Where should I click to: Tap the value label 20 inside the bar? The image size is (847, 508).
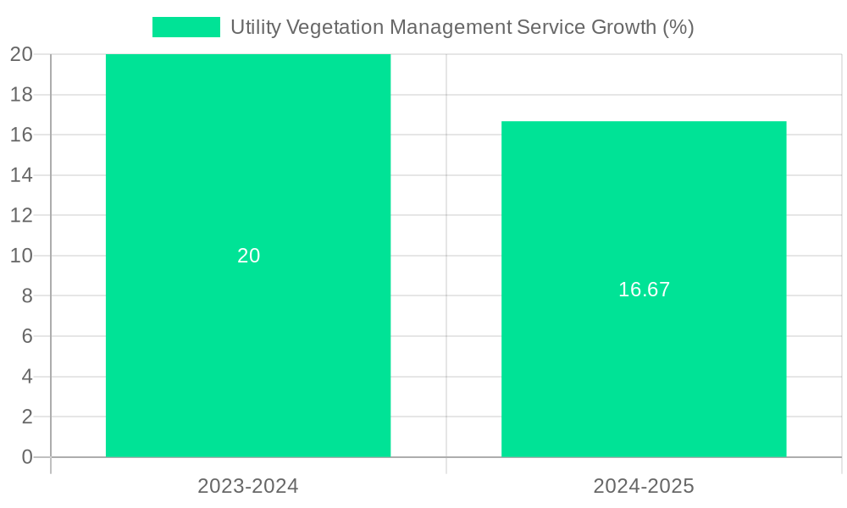click(x=248, y=256)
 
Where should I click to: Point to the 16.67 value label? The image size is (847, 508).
click(x=644, y=290)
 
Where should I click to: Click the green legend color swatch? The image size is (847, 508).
click(x=185, y=27)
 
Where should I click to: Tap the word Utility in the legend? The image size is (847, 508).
click(x=256, y=27)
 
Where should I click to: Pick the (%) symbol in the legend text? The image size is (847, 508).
click(x=678, y=27)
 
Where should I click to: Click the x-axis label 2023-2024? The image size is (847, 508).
click(x=248, y=486)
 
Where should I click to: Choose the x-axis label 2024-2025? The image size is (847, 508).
click(x=644, y=486)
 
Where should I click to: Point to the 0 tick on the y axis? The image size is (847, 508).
click(x=27, y=457)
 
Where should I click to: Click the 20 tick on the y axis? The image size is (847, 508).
click(x=21, y=54)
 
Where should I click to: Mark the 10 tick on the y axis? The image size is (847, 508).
click(x=21, y=256)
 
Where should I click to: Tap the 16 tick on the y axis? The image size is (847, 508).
click(x=21, y=135)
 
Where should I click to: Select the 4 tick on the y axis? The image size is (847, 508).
click(x=27, y=377)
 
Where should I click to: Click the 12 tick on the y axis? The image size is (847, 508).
click(x=21, y=215)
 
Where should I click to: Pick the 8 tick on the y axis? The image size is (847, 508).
click(x=27, y=296)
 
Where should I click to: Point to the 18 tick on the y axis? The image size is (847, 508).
click(x=21, y=95)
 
